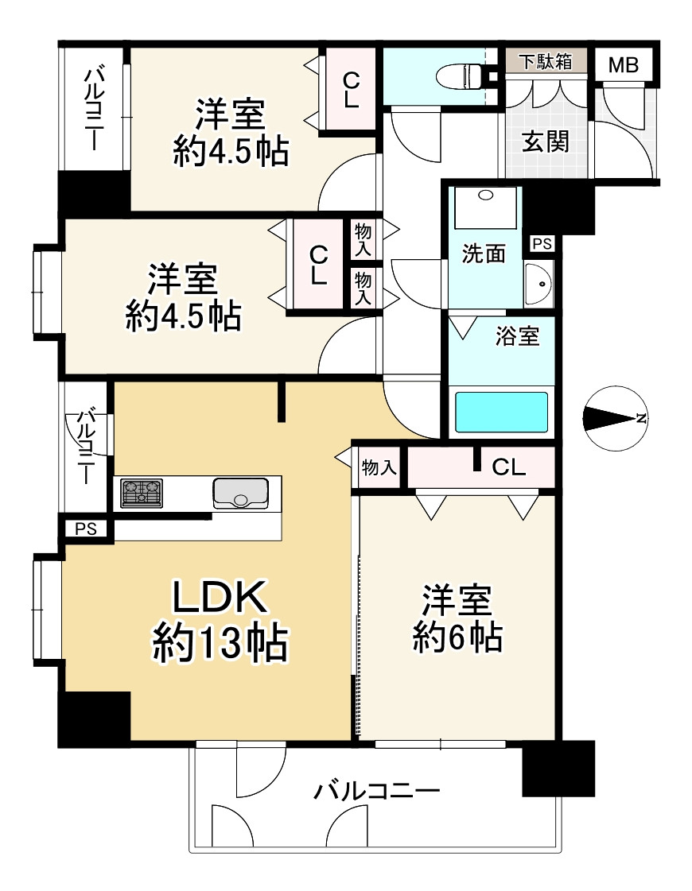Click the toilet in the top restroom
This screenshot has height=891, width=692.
461,76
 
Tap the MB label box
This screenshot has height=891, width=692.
624,65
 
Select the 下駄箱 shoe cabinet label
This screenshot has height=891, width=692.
546,61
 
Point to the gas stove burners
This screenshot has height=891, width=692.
142,493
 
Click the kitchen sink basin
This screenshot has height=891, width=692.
240,493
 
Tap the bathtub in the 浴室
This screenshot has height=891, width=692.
501,412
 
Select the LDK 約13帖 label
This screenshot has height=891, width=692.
220,620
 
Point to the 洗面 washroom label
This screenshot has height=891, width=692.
484,254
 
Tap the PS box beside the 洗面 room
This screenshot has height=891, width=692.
542,244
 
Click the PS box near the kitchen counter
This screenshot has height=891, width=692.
87,529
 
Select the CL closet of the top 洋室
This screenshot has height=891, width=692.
350,90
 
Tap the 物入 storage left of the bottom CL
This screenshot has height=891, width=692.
379,467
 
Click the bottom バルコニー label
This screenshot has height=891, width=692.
377,791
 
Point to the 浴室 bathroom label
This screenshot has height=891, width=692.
516,336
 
